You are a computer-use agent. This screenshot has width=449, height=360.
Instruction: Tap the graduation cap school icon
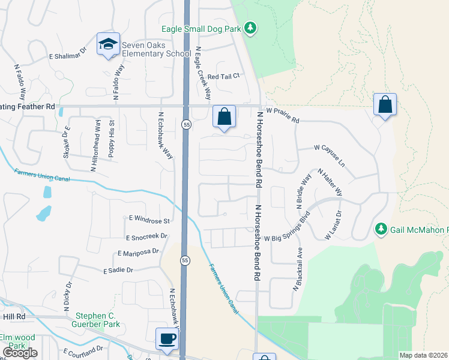point(109,44)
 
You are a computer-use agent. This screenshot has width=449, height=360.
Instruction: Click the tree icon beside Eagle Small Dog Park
point(251,28)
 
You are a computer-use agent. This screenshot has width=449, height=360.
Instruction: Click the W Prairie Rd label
point(283,115)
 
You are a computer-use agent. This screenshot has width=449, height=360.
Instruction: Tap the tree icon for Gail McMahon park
point(381,229)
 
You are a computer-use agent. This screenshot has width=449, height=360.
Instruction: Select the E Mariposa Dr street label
point(139,253)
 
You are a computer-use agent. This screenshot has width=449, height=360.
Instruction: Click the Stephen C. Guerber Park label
point(98,320)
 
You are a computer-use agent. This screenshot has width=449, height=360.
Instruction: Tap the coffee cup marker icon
point(167,338)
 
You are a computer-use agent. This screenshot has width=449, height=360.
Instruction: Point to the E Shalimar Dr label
point(68,56)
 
